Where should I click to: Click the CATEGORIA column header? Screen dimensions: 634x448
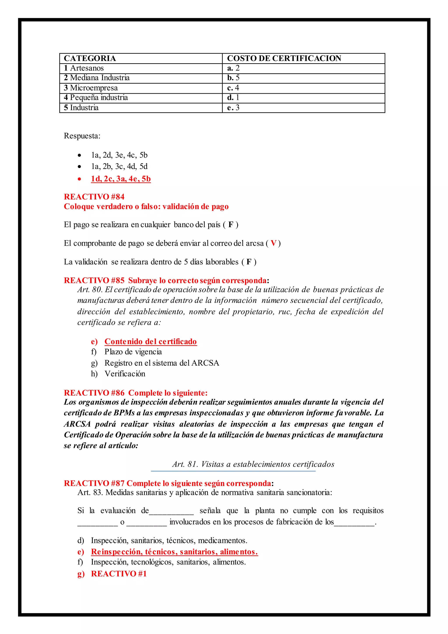pyautogui.click(x=90, y=58)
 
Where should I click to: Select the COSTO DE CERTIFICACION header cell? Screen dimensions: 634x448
pyautogui.click(x=284, y=58)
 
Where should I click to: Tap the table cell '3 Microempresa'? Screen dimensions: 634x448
pyautogui.click(x=91, y=88)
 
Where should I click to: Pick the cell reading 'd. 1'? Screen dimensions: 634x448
pyautogui.click(x=233, y=97)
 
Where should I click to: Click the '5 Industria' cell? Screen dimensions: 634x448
pyautogui.click(x=81, y=107)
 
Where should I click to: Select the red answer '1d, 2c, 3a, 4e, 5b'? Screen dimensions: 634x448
pyautogui.click(x=121, y=179)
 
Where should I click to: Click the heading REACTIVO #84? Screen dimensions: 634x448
pyautogui.click(x=94, y=197)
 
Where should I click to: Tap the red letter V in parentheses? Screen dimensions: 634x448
pyautogui.click(x=273, y=243)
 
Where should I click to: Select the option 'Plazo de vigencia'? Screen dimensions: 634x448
pyautogui.click(x=133, y=352)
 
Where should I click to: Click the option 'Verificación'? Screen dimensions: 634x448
pyautogui.click(x=125, y=374)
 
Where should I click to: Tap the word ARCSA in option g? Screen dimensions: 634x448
pyautogui.click(x=205, y=363)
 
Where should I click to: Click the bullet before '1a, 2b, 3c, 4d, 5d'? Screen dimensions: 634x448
pyautogui.click(x=79, y=167)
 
